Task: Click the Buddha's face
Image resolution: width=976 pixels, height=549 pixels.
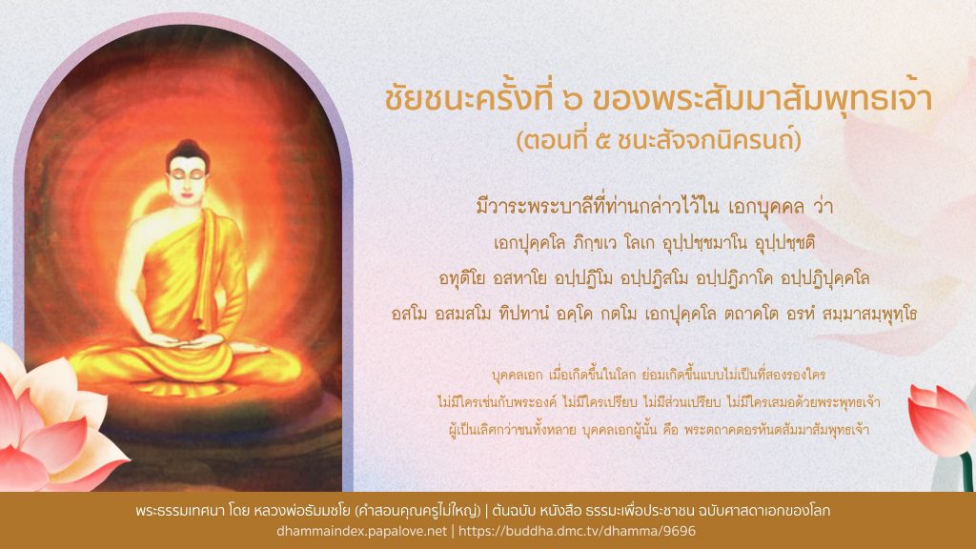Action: click(x=188, y=178)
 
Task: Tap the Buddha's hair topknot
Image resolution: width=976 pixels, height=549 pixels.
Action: click(x=188, y=146)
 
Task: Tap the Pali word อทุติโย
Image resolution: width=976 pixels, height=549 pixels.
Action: click(x=461, y=277)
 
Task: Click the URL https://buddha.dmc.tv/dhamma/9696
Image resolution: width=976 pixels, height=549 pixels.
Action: click(x=577, y=531)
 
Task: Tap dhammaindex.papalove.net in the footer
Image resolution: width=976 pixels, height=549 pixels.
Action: click(x=361, y=531)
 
